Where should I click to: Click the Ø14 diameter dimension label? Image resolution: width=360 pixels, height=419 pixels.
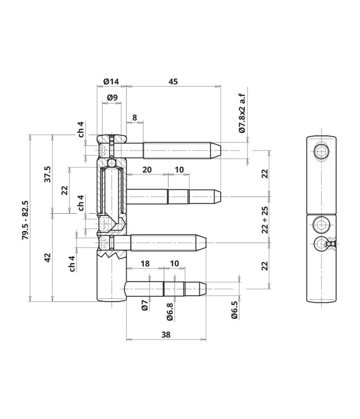pos(111,81)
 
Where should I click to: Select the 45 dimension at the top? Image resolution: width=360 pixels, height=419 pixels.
pos(173,81)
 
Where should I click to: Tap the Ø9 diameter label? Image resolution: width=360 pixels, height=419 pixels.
pos(112,97)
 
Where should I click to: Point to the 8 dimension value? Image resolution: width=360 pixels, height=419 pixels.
pos(134,117)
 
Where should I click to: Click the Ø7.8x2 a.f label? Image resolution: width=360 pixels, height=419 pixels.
pos(242,113)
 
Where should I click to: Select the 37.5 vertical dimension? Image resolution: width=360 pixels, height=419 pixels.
pos(47,174)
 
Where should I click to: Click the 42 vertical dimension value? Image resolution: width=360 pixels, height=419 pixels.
pos(47,257)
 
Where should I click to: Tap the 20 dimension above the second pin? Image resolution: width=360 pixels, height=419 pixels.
pos(147,169)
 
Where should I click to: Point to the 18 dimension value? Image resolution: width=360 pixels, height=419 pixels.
pos(145,264)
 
